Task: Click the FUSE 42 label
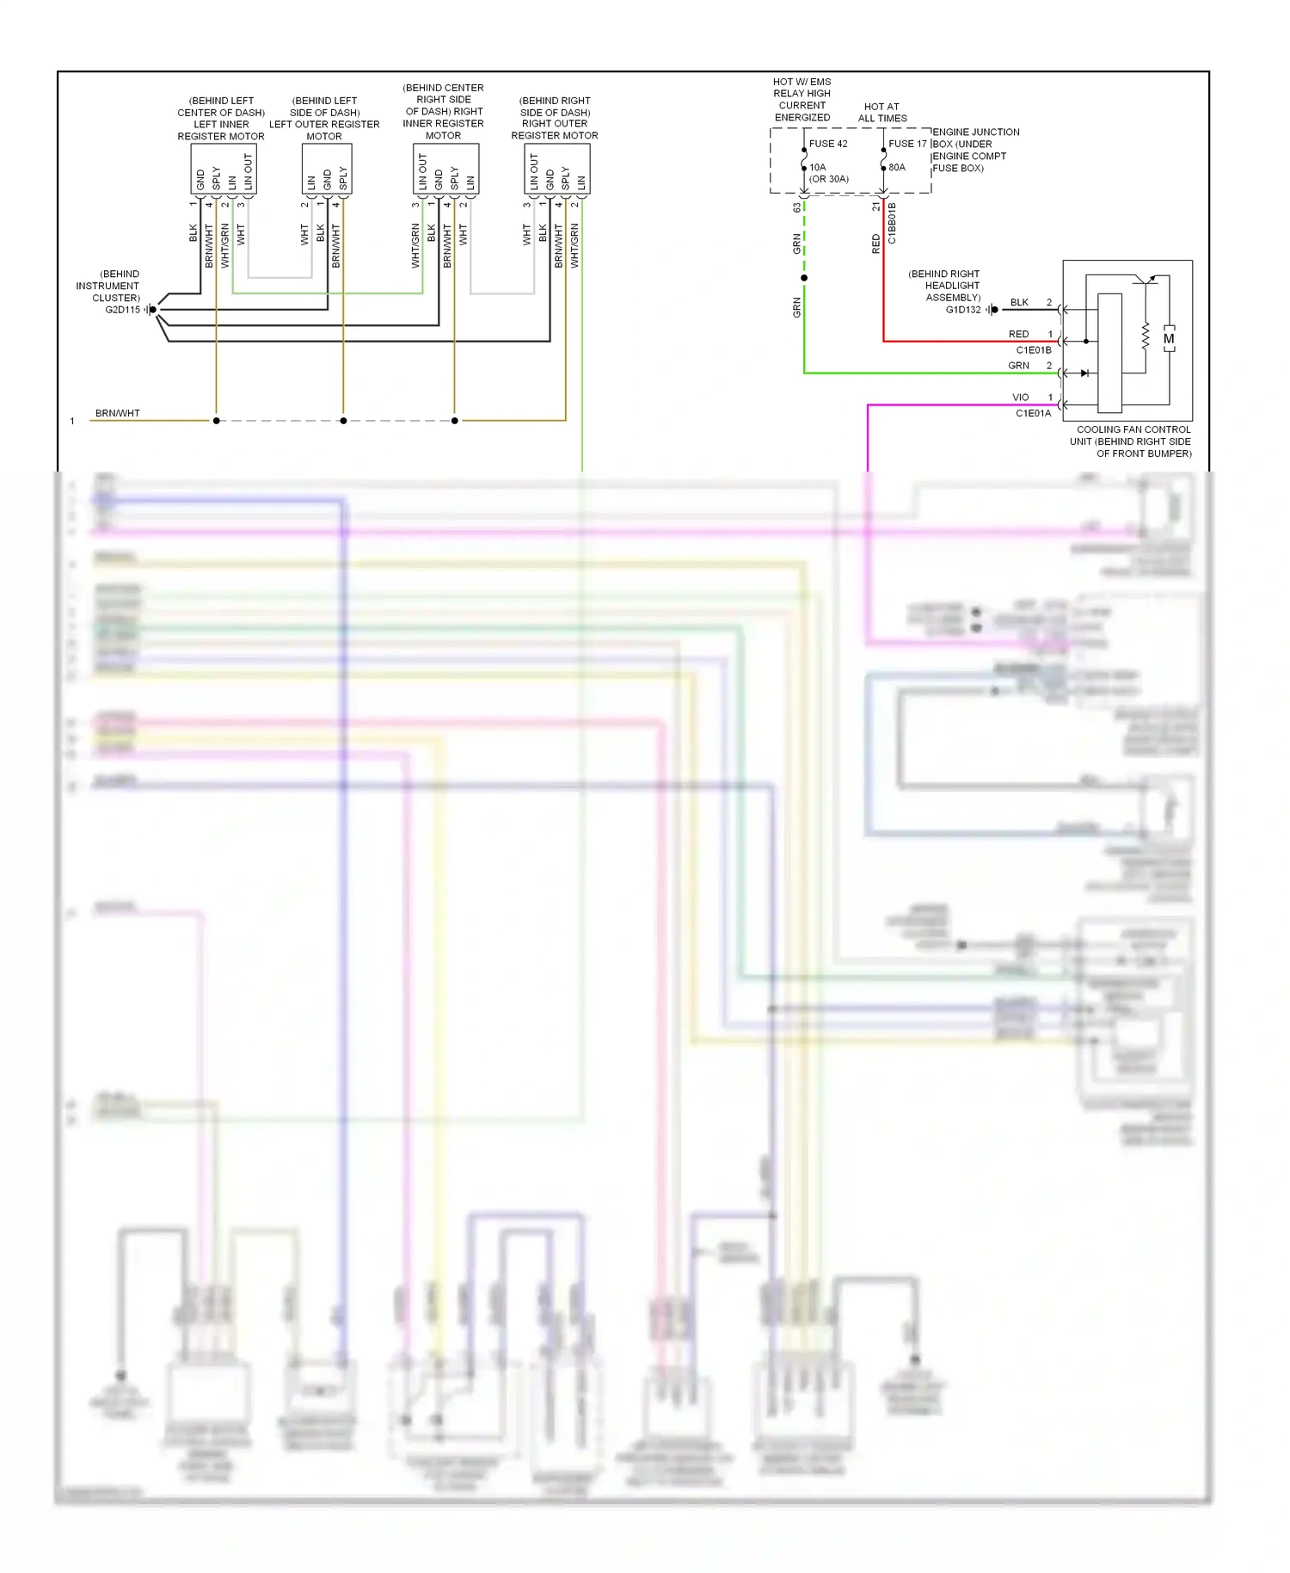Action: coord(827,144)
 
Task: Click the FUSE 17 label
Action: coord(907,144)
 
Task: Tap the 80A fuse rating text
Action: coord(897,168)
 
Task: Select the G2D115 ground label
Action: coord(122,310)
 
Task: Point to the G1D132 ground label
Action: coord(963,310)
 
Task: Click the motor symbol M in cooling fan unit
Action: coord(1169,339)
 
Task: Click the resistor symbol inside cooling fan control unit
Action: coord(1146,336)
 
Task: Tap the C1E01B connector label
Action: coord(1033,350)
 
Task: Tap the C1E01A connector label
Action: coord(1033,413)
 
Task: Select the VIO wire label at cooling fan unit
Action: coord(1020,398)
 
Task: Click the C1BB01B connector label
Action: coord(892,223)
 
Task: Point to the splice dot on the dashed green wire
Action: coord(804,278)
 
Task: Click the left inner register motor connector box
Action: coord(224,170)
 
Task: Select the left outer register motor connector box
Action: coord(327,170)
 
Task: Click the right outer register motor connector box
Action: coord(557,170)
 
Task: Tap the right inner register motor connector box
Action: coord(445,170)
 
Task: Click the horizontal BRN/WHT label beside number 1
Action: coord(118,414)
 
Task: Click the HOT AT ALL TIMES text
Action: coord(882,113)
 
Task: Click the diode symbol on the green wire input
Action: coord(1084,373)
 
